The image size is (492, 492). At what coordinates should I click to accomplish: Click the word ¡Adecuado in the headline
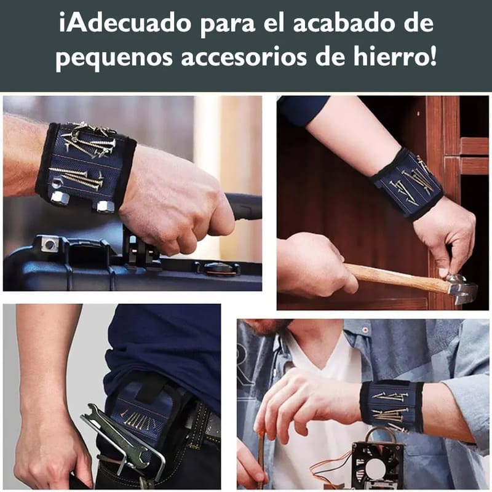(125, 24)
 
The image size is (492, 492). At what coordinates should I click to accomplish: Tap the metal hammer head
(461, 288)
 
